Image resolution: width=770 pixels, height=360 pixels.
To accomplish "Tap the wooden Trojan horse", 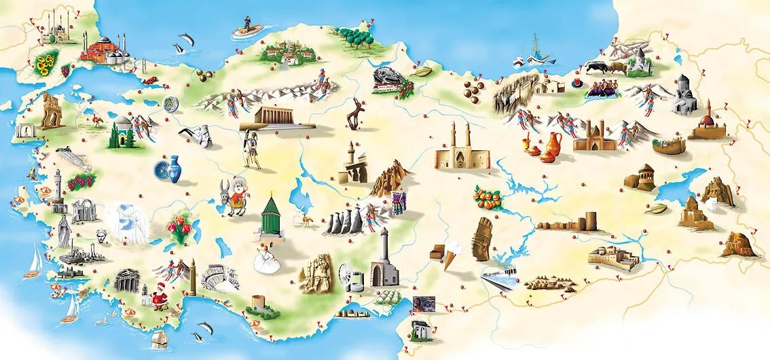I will pos(51,111).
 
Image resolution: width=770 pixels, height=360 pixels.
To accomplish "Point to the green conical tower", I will pos(272,215).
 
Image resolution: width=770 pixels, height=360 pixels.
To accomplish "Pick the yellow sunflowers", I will pos(46,65).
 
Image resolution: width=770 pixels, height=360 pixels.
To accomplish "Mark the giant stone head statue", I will pos(482,238).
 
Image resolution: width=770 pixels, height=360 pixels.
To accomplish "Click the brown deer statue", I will pos(354,113).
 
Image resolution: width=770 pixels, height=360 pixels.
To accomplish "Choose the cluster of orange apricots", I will pos(488,197).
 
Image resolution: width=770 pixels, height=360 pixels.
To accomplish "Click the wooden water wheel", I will pos(348,277).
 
